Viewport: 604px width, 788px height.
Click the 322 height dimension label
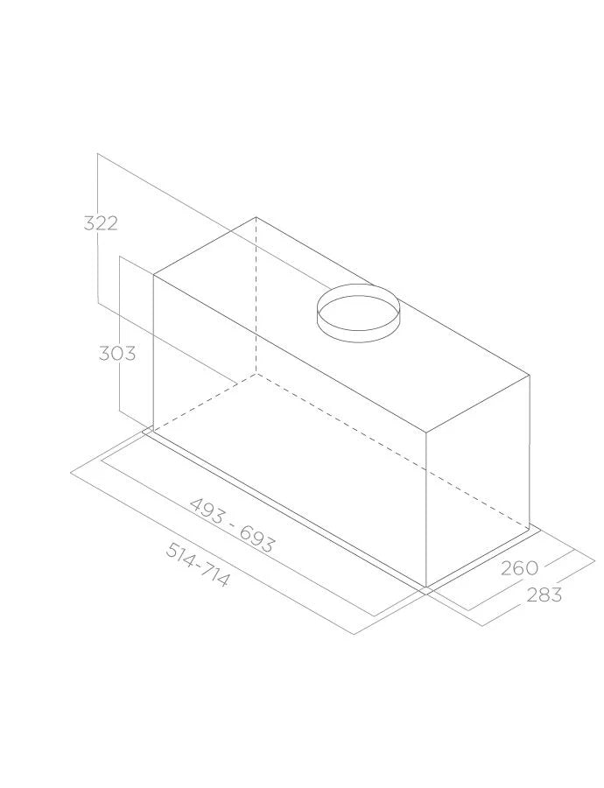click(101, 223)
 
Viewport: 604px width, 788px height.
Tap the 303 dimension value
click(116, 354)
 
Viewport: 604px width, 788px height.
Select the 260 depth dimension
click(519, 568)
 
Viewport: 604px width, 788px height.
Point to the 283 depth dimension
click(544, 595)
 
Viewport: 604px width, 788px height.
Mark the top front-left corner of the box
click(154, 275)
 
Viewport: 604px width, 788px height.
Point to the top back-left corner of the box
click(256, 217)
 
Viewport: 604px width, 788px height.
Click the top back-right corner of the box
click(530, 376)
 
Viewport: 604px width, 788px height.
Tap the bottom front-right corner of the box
click(426, 587)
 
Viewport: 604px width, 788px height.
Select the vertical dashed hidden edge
click(256, 298)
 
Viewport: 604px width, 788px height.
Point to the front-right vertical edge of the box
click(426, 508)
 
